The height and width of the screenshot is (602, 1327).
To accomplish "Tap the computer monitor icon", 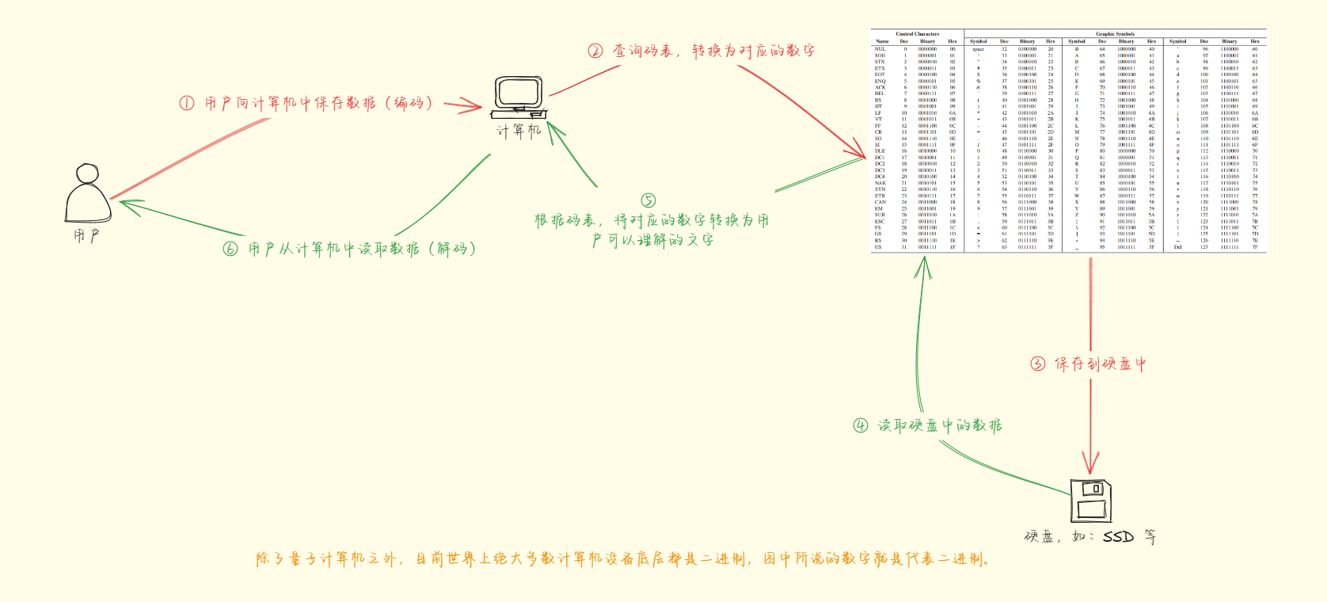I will click(519, 96).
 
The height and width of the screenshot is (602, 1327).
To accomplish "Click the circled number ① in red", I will click(187, 103).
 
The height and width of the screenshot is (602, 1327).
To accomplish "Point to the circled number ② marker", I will click(595, 51).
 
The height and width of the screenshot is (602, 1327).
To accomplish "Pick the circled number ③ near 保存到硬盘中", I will click(1038, 364).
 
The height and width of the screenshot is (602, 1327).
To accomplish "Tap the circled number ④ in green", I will click(861, 425).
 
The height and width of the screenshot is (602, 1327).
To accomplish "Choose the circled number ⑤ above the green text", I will click(648, 200).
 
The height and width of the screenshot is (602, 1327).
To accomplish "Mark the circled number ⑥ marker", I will click(230, 249).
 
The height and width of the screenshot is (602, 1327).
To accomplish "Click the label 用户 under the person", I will click(86, 235).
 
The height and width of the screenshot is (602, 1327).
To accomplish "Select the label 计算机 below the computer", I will click(519, 131).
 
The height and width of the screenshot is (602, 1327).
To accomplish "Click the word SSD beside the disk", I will click(1118, 537).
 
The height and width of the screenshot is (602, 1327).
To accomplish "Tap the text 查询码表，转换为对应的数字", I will click(713, 51).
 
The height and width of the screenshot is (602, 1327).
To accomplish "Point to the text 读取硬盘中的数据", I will click(939, 425).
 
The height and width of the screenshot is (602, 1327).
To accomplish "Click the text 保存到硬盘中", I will click(1100, 364).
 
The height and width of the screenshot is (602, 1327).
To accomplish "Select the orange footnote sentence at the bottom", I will click(623, 559).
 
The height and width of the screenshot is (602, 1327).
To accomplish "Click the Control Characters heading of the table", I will click(917, 34).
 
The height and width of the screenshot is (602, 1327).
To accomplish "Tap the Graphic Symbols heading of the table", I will click(1115, 34).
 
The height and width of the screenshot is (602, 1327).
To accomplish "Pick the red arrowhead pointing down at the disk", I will click(1091, 467).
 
